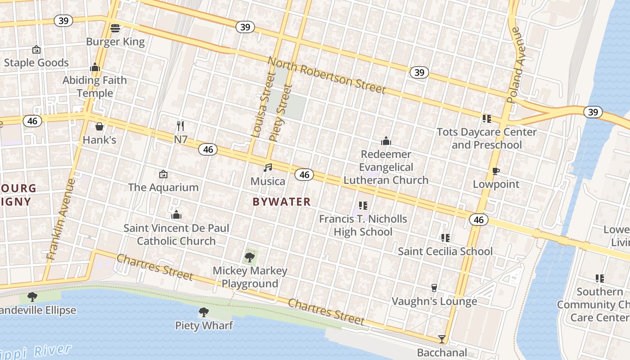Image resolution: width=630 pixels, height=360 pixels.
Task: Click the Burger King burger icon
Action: pos(115,28)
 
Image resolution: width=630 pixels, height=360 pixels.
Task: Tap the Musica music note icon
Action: pos(268,168)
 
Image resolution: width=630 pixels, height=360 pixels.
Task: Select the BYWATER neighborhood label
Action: pos(282,202)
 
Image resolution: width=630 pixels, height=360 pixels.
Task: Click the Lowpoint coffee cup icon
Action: pos(496,171)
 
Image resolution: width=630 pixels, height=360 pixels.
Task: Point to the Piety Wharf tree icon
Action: pos(204,312)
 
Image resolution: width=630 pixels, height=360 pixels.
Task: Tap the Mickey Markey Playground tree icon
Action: pos(250,257)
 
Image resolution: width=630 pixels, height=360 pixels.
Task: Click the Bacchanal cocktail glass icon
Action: pos(442,339)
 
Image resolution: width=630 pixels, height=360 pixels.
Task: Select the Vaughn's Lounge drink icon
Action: pos(434,288)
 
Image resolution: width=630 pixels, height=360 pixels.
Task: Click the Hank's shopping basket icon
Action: pos(99,126)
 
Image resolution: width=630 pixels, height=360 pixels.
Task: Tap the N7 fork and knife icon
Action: pos(180,126)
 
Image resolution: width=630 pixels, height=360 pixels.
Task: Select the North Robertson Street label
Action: pos(327,75)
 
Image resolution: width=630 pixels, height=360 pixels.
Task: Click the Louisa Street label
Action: pos(263,104)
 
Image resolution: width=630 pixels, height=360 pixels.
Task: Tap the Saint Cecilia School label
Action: pos(445,251)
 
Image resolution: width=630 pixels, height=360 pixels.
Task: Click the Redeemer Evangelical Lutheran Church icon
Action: pos(386,141)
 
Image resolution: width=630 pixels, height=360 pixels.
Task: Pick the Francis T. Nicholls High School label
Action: pos(363,225)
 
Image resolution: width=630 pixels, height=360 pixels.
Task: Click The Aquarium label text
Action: pos(163,187)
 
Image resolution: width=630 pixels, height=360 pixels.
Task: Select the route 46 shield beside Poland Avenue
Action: pos(478,219)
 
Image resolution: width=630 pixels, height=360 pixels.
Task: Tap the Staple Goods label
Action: pos(36,63)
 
